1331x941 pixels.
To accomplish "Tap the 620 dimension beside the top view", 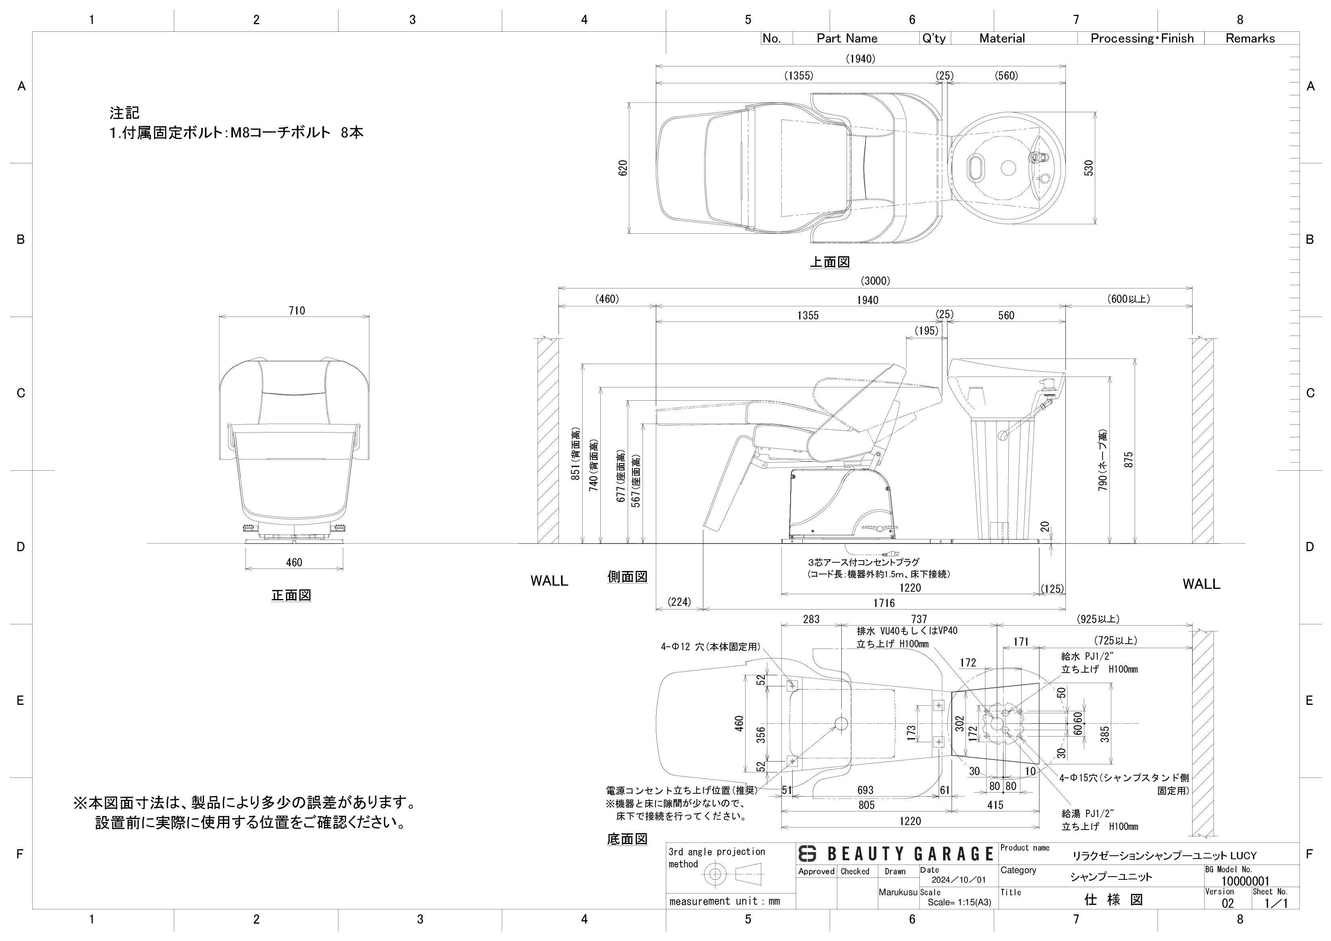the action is click(623, 168).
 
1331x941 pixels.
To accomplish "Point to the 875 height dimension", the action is click(1128, 460).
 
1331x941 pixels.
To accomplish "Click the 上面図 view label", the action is click(830, 262).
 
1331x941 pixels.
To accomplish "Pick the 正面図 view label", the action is click(292, 595).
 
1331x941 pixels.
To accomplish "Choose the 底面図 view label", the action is click(627, 839).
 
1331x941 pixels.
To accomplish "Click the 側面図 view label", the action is click(627, 577).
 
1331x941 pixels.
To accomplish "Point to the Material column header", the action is click(1002, 38).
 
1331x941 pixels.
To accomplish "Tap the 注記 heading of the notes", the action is click(125, 113).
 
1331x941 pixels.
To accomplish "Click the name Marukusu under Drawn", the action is click(898, 892).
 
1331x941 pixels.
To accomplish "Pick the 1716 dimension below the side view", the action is click(884, 603).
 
